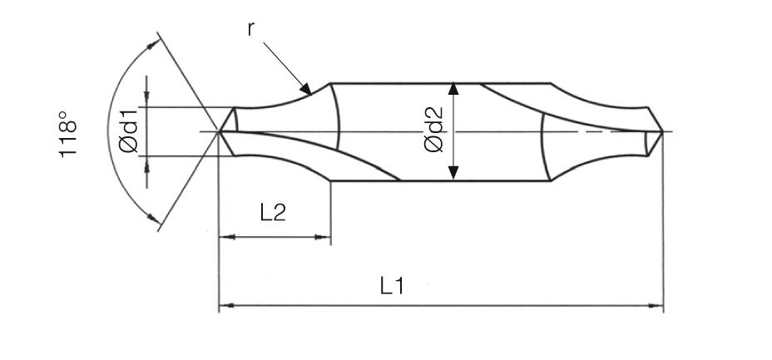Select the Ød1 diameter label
point(128,132)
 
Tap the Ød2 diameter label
point(433,131)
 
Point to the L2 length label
point(273,212)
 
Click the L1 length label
point(392,287)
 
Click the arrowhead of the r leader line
point(305,88)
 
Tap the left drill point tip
point(220,131)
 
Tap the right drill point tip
point(662,131)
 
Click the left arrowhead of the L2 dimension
point(225,237)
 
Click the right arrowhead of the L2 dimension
point(325,237)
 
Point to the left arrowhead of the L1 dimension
point(225,306)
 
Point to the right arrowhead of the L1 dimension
point(657,306)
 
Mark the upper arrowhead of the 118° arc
point(152,46)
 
